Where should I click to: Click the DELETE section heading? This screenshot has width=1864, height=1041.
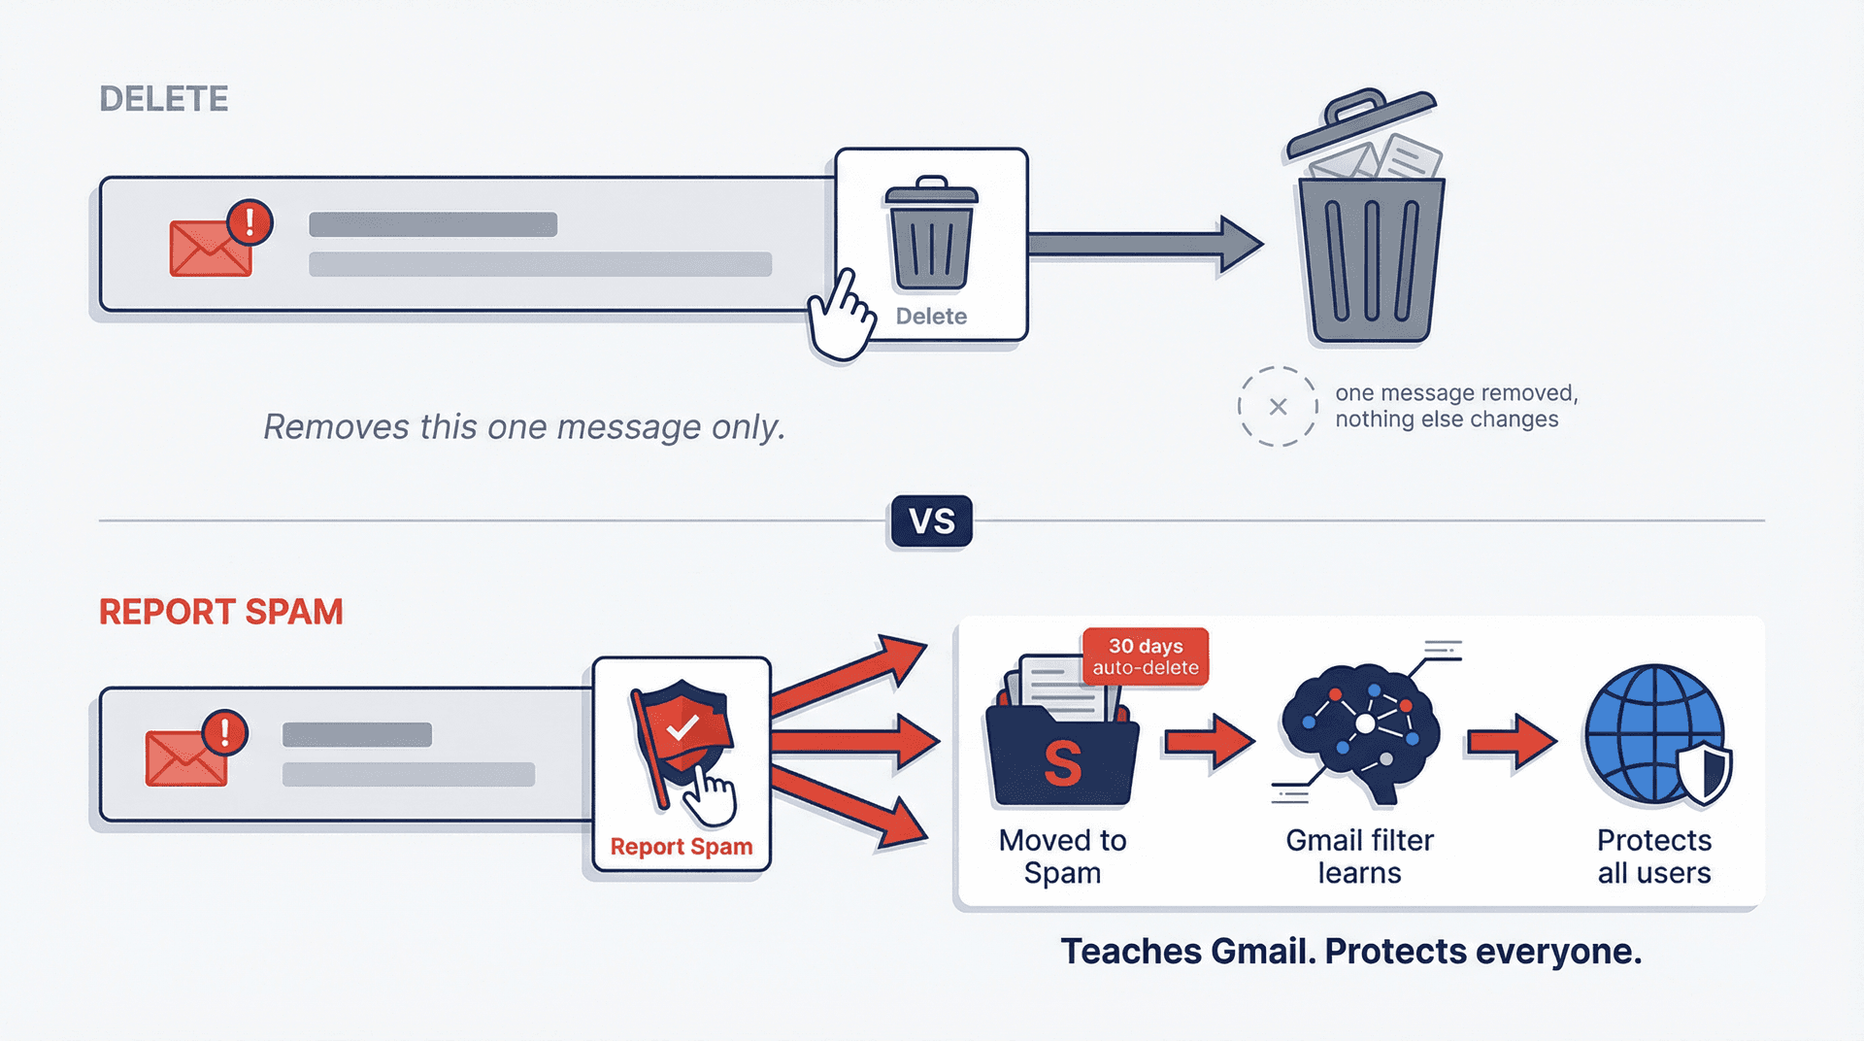(163, 99)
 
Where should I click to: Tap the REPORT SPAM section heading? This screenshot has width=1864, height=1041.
(220, 612)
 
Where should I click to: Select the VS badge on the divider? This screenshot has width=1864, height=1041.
(931, 521)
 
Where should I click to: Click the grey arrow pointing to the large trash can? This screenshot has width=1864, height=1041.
(1146, 244)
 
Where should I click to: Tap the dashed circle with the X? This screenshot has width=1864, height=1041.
(1278, 407)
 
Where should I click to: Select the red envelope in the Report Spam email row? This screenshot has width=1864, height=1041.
(186, 758)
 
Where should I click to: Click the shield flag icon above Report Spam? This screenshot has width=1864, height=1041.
(682, 738)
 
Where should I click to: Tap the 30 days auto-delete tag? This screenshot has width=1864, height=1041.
(1146, 656)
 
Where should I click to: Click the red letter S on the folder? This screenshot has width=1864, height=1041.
(1063, 764)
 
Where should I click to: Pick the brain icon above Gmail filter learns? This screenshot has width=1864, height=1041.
(1361, 728)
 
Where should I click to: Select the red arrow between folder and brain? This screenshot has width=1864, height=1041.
(1210, 742)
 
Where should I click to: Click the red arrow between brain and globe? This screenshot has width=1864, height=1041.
(1512, 742)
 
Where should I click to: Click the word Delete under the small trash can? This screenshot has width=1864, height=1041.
(931, 317)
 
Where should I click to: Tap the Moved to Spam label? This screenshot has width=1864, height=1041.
(1063, 856)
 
